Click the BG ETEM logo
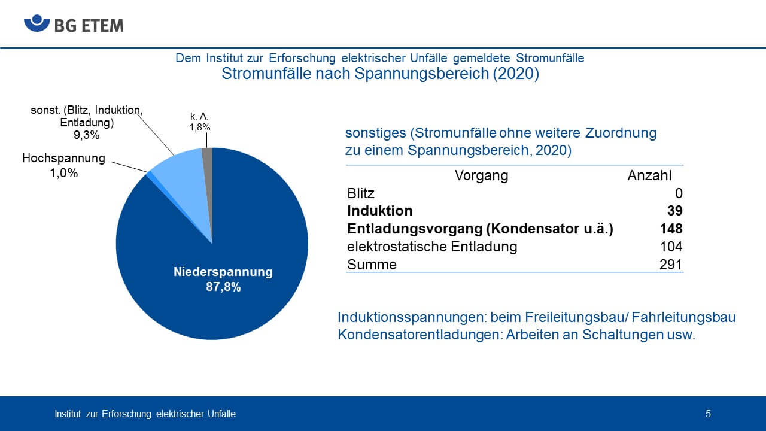[x=74, y=23]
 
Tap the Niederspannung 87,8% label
[x=223, y=279]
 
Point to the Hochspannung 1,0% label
[x=63, y=166]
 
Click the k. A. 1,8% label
[x=200, y=122]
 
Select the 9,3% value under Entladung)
[x=87, y=135]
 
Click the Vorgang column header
[x=481, y=176]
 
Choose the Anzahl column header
[x=649, y=175]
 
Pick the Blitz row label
[x=361, y=193]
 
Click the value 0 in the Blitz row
[x=679, y=193]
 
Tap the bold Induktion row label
[x=380, y=211]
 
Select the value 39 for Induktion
[x=675, y=211]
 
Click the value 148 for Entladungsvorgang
[x=671, y=229]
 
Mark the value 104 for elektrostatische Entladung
[x=671, y=246]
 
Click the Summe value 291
[x=671, y=265]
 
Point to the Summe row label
[x=372, y=265]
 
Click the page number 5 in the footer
[x=708, y=414]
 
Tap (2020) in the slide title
[x=516, y=74]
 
